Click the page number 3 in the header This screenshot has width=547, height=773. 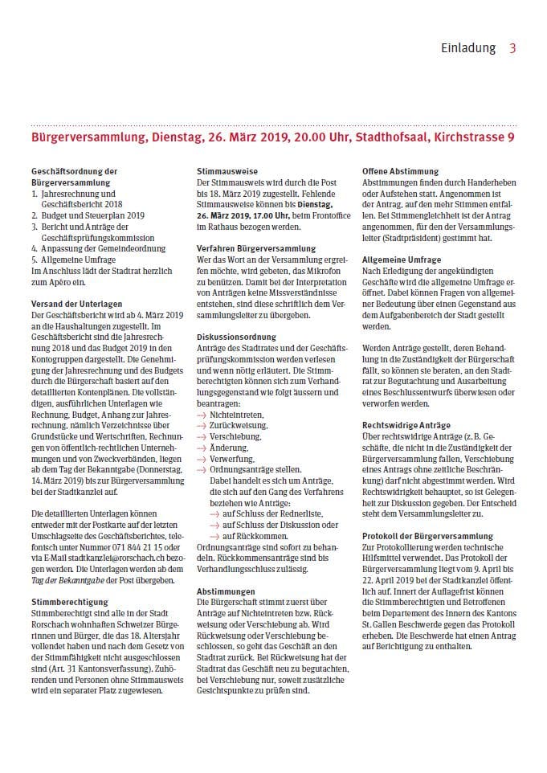click(x=512, y=48)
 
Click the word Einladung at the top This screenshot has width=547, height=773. click(x=468, y=48)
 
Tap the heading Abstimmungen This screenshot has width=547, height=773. click(x=227, y=590)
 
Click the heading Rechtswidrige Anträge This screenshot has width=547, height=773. click(x=406, y=424)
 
